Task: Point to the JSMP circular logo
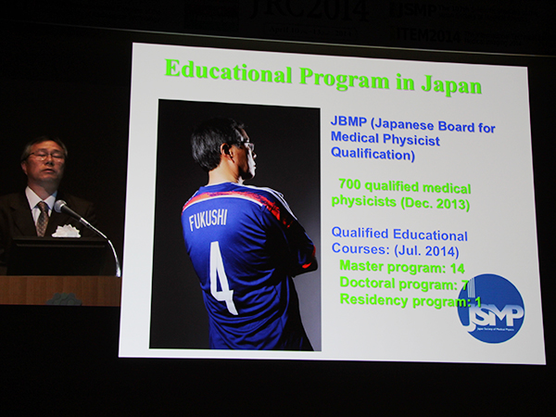point(490,309)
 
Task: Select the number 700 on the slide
point(353,184)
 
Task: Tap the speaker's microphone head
point(61,206)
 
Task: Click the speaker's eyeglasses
point(45,156)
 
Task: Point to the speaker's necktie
point(42,217)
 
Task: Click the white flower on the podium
point(66,230)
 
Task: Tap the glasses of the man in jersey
point(246,145)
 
